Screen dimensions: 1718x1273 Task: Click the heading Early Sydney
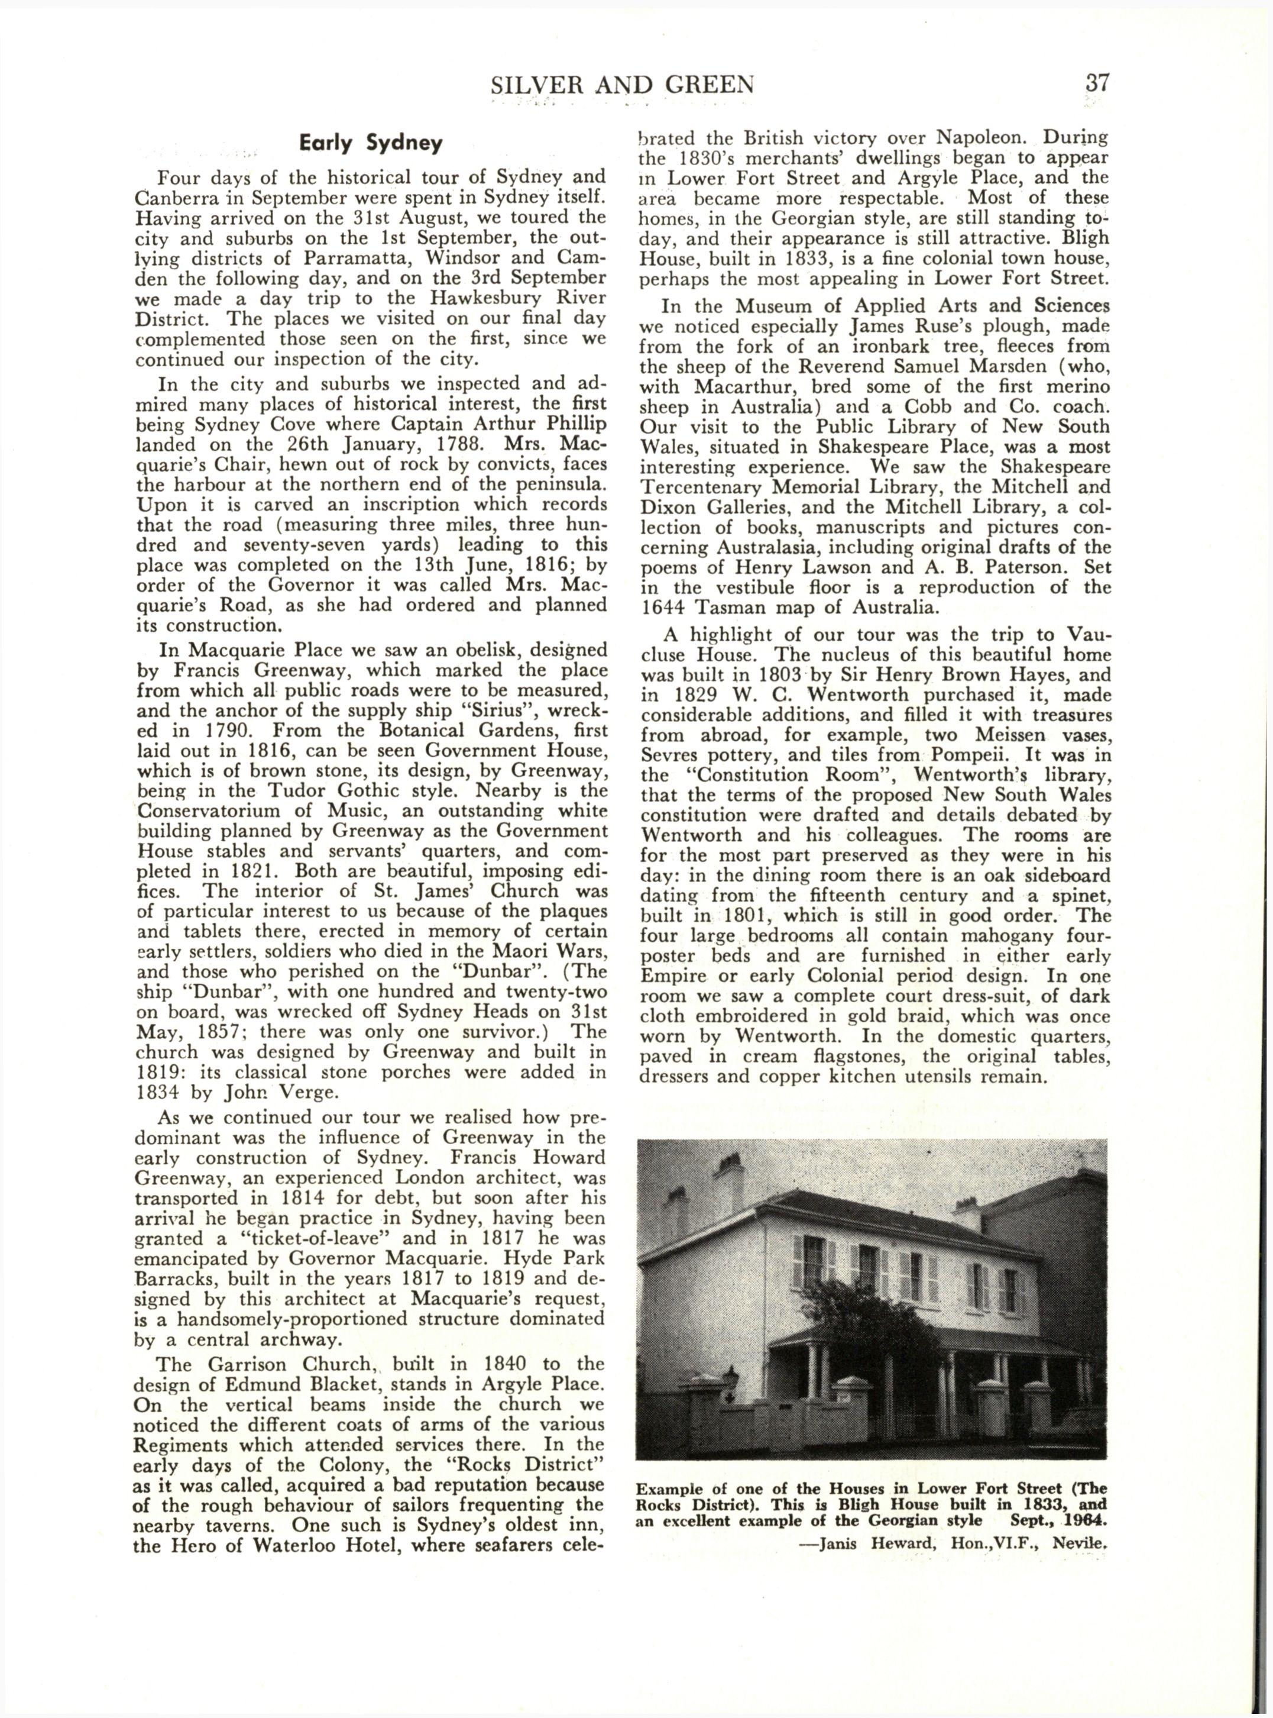[x=371, y=143]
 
